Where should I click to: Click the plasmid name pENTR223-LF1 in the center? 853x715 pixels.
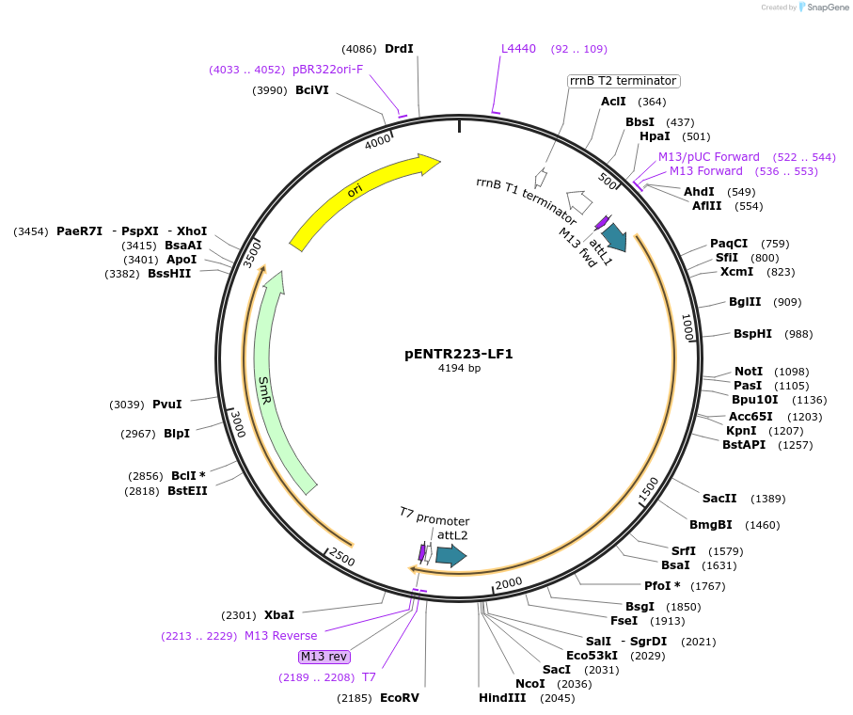tap(459, 354)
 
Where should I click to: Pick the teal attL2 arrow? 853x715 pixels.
tap(450, 556)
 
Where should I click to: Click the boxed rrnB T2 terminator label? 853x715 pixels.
tap(623, 81)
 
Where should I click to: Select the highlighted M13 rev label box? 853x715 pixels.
tap(324, 657)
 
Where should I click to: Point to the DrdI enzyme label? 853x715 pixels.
tap(399, 49)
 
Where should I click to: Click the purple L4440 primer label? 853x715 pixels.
tap(518, 49)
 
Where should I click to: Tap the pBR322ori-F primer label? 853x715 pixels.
tap(327, 69)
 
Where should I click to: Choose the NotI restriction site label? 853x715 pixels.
tap(749, 372)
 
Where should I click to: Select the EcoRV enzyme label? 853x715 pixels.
tap(399, 698)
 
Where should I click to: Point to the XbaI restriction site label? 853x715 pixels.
tap(278, 615)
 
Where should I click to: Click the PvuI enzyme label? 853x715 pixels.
tap(166, 405)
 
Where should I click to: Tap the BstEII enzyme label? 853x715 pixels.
tap(187, 490)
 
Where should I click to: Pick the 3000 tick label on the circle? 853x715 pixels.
tap(238, 424)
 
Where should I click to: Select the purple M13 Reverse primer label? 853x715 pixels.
tap(280, 636)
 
